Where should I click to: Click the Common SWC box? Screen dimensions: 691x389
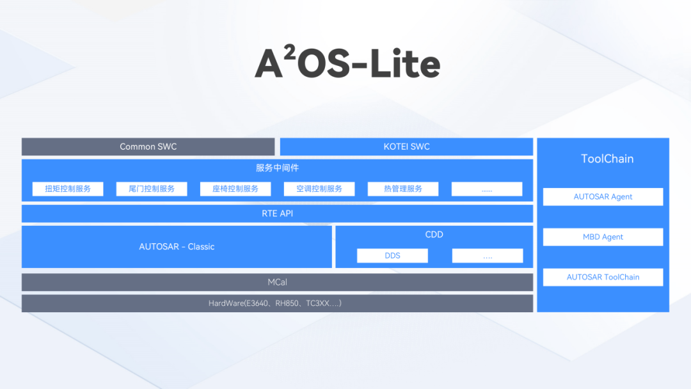pos(148,147)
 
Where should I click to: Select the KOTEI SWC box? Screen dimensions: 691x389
pos(406,147)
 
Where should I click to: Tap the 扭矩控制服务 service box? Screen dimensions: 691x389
pos(68,189)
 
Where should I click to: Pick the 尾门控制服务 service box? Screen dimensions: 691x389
pos(152,189)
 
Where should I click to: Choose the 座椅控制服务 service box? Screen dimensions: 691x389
pos(235,189)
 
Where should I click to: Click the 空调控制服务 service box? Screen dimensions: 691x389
pos(319,189)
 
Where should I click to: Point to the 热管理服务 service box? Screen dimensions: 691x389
pos(403,189)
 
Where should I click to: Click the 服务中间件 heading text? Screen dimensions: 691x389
pos(277,168)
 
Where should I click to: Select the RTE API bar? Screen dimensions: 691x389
pos(277,214)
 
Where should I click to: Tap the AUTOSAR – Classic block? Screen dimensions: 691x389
pos(177,247)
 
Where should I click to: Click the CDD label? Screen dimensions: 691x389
pos(434,234)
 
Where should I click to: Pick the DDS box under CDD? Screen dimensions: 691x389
pos(392,255)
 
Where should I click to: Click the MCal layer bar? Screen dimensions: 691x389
pos(277,282)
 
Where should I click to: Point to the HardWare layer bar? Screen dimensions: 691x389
pos(277,303)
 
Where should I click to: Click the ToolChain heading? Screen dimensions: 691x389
pos(607,159)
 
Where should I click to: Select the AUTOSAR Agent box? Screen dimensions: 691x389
pos(603,197)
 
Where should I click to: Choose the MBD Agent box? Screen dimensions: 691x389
pos(603,237)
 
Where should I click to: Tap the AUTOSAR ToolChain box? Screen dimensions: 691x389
pos(603,277)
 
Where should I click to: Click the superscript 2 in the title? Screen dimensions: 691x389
pos(290,52)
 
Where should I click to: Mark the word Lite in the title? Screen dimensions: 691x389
pos(405,63)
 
